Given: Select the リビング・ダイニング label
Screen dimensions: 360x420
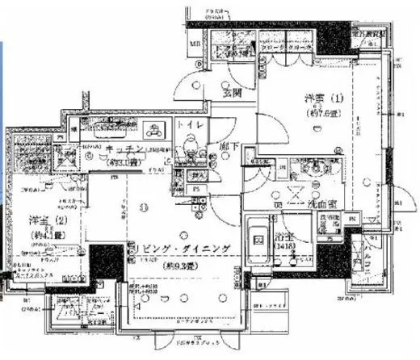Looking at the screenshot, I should click(187, 249).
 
